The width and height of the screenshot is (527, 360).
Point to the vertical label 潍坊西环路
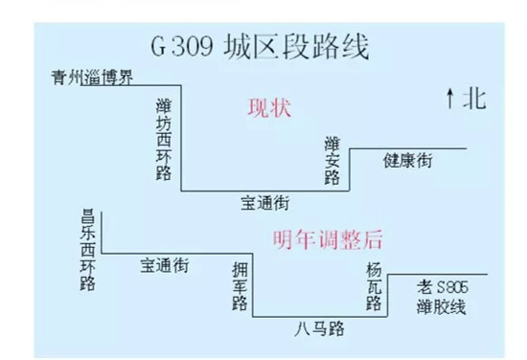164,137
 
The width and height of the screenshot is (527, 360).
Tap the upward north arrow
448,97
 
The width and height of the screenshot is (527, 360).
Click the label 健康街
407,160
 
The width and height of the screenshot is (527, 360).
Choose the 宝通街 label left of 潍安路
265,203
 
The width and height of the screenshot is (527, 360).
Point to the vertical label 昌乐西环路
88,251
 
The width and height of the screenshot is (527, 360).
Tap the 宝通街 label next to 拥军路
164,265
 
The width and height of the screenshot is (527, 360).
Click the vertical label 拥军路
241,284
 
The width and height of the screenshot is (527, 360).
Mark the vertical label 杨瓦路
373,284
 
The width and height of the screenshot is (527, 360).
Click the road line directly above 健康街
407,148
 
